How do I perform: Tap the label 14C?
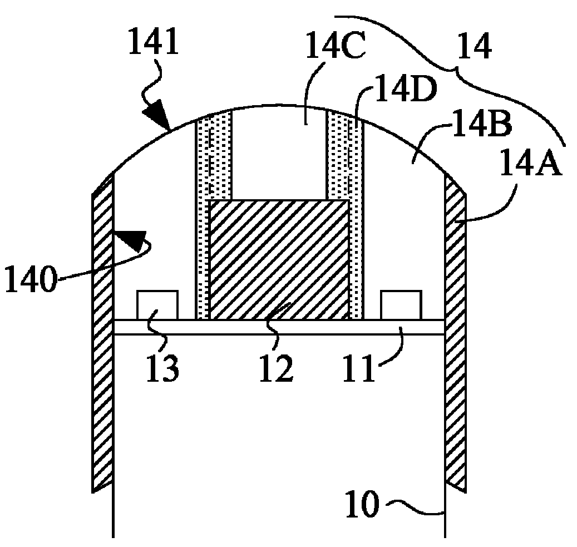[336, 46]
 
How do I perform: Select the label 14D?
[405, 90]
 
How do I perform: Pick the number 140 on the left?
[31, 279]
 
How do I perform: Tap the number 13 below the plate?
[162, 368]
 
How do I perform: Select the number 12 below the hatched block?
[277, 368]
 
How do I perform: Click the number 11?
[359, 368]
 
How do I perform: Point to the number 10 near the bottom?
[362, 504]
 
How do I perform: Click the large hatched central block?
[279, 260]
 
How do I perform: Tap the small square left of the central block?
[157, 305]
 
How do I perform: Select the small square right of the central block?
[402, 305]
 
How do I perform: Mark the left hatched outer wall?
[102, 333]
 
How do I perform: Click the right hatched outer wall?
[456, 333]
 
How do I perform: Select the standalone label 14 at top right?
[475, 46]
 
